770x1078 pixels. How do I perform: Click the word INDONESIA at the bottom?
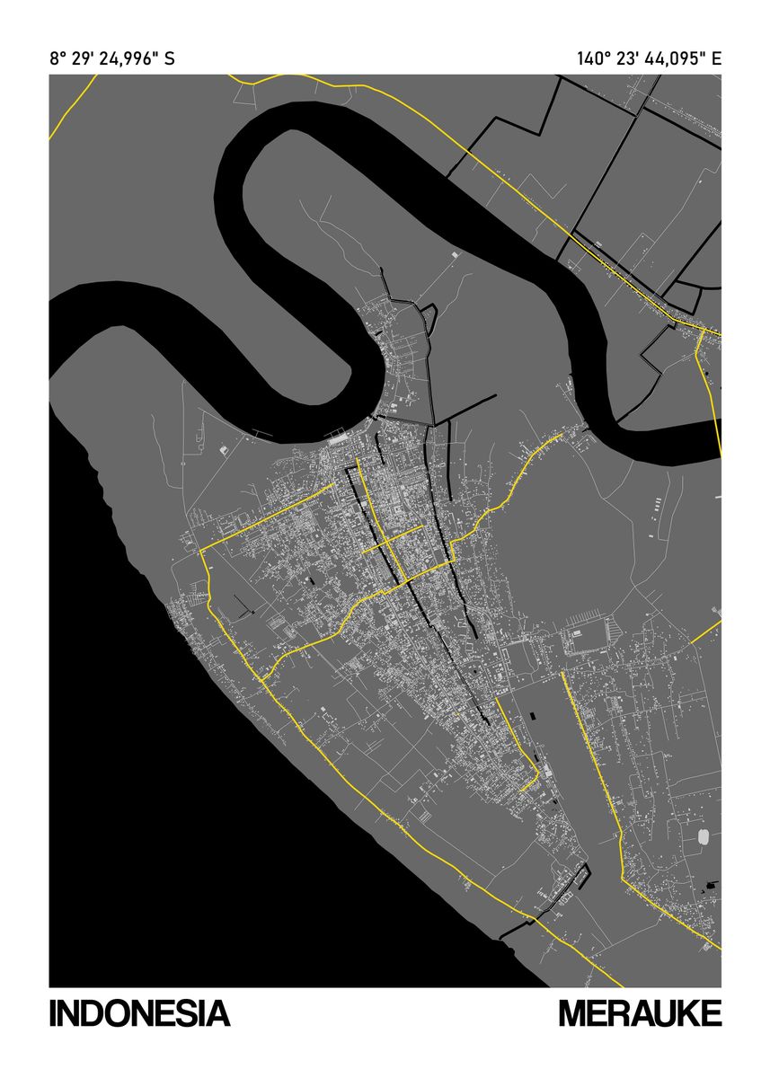coord(139,1013)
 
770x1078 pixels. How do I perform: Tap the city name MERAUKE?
coord(640,1013)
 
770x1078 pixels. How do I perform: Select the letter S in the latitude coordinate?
coord(169,59)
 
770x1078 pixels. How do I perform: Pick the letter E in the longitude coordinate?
coord(715,59)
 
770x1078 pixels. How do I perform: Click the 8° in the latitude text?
coord(58,59)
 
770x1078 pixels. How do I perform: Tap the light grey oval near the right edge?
coord(704,836)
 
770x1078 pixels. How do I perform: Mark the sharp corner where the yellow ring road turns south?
coord(203,550)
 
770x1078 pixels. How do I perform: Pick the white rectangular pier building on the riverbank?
coord(339,439)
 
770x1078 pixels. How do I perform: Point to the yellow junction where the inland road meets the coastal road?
coord(263,680)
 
